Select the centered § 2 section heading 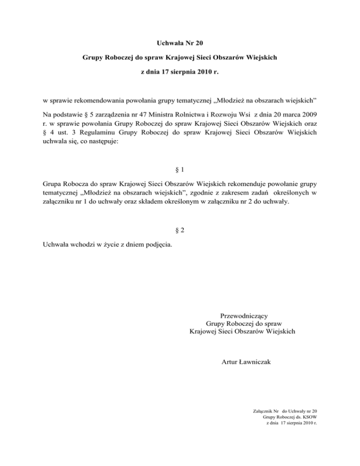tap(180, 233)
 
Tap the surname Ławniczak tap(255, 361)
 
